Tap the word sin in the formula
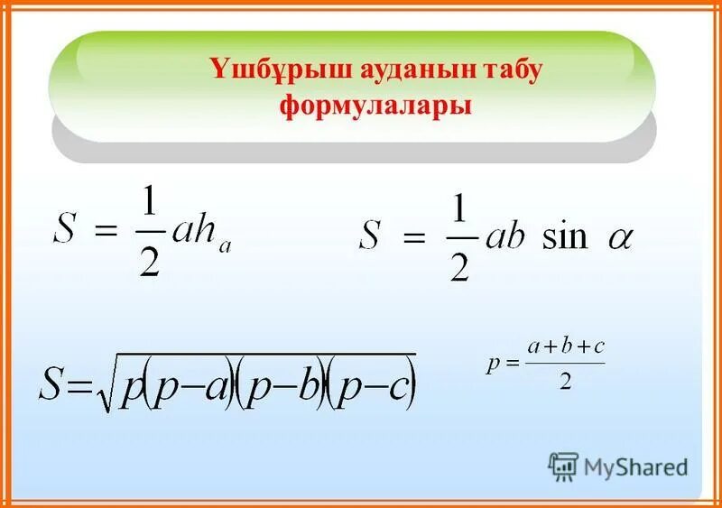(x=565, y=237)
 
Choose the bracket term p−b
(x=285, y=386)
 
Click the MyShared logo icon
(x=563, y=466)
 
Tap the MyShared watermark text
(x=635, y=467)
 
